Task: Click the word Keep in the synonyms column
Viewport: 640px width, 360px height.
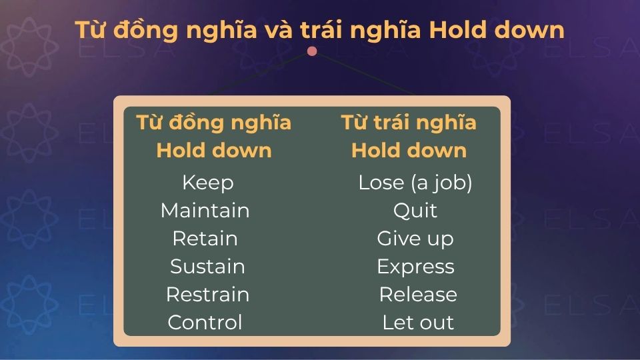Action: tap(207, 183)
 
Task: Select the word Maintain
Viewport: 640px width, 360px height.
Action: tap(205, 211)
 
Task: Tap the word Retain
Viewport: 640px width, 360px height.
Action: tap(205, 239)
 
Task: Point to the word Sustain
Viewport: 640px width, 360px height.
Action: tap(207, 267)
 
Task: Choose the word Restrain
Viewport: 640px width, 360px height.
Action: tap(207, 295)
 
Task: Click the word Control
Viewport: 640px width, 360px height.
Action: tap(205, 323)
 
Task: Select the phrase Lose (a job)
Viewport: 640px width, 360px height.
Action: tap(415, 183)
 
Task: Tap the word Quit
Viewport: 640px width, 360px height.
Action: tap(415, 211)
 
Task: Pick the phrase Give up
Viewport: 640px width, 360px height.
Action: tap(415, 239)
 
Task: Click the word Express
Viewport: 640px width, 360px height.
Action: tap(415, 267)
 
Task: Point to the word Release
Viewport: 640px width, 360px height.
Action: tap(418, 295)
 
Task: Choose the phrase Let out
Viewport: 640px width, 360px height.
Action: tap(418, 323)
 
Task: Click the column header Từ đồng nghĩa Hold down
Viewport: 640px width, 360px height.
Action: tap(213, 137)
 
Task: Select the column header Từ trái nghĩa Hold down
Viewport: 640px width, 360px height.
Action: tap(409, 137)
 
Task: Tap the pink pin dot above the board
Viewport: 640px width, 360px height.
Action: tap(312, 51)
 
